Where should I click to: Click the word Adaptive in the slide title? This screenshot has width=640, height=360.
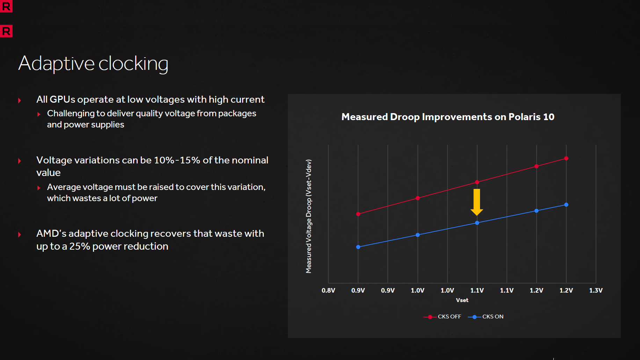coord(56,64)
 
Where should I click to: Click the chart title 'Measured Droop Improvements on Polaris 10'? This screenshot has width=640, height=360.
coord(448,117)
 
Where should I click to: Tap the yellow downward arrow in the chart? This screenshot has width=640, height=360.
coord(477,202)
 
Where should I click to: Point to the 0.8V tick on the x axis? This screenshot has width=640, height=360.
coord(328,291)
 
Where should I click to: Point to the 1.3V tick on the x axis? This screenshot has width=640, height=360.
coord(596,291)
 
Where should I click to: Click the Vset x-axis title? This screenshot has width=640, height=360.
coord(462,300)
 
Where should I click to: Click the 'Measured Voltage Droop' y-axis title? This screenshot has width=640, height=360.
coord(308,216)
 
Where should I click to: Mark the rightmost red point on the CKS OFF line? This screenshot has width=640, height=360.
coord(566,159)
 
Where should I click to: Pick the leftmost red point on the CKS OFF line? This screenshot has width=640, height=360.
coord(358,214)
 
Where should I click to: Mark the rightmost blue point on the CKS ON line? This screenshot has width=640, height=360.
coord(566,205)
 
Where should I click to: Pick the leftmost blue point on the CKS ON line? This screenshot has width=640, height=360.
coord(358,247)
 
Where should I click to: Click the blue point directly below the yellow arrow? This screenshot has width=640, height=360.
coord(477,223)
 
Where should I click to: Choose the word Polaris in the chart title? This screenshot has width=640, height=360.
coord(524,117)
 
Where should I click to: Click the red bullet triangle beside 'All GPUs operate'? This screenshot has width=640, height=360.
coord(20,101)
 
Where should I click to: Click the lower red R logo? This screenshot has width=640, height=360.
coord(6,31)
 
